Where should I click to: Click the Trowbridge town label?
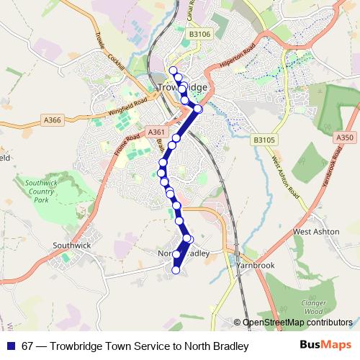tap(181, 87)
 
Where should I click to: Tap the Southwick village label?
tap(71, 245)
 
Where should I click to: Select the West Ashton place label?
tap(316, 232)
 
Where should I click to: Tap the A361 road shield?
tap(156, 132)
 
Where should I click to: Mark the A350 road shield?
tap(346, 137)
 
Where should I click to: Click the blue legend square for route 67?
tap(9, 346)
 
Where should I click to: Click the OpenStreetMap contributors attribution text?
tap(297, 323)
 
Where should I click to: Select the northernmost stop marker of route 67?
tap(173, 71)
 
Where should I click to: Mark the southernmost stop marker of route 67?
tap(175, 270)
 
